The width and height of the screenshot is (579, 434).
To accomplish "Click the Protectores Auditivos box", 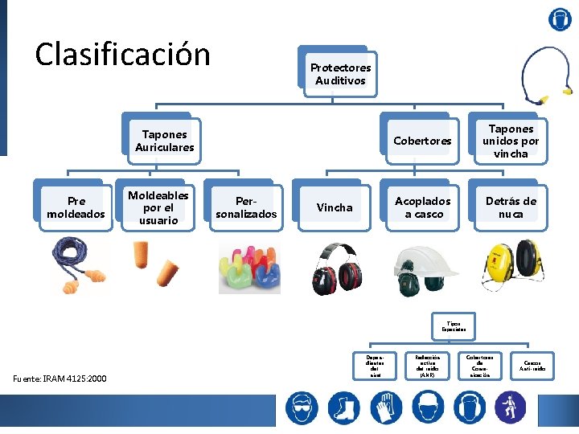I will (x=340, y=74).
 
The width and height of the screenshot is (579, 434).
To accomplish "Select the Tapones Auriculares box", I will (x=165, y=141).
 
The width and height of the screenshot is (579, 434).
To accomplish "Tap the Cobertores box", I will (x=422, y=141).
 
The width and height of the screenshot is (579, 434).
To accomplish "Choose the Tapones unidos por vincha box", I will (x=511, y=141).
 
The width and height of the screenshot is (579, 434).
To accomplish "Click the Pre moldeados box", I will (x=76, y=207).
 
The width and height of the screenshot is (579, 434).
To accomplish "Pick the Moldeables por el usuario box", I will (x=158, y=207).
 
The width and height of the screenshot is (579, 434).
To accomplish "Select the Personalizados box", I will (x=246, y=207).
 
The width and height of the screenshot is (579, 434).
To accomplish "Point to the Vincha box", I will (x=335, y=207).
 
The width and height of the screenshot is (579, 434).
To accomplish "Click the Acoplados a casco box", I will (x=423, y=207).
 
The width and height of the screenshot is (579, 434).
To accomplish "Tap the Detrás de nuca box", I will (x=511, y=207).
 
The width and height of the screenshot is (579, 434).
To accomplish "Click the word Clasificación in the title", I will (x=123, y=55).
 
